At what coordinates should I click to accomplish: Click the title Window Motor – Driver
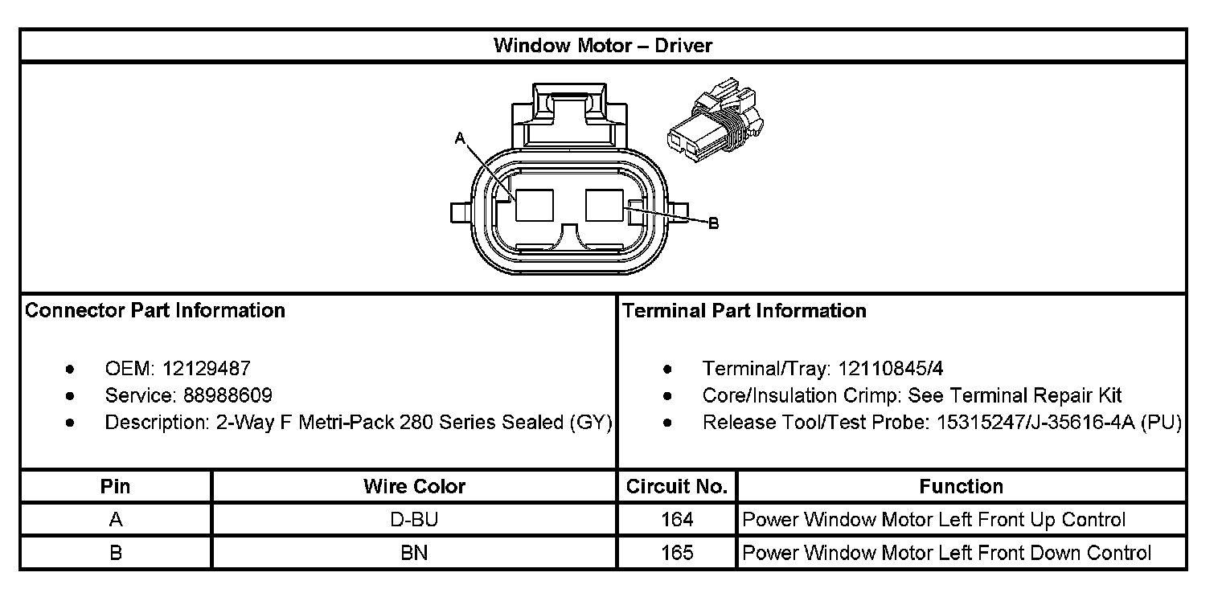click(x=602, y=45)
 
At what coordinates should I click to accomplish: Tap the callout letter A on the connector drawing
click(x=460, y=139)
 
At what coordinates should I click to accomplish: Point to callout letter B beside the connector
click(x=712, y=224)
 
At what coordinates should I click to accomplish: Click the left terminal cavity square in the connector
click(x=534, y=205)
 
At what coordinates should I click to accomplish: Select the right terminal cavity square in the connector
click(x=605, y=205)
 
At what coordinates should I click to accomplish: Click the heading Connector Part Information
click(x=155, y=311)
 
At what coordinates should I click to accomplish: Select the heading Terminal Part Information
click(x=744, y=311)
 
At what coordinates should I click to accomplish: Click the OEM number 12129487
click(x=206, y=369)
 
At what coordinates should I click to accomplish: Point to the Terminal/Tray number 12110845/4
click(x=890, y=369)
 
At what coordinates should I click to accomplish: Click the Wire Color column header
click(x=414, y=486)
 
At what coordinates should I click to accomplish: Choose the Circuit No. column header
click(x=676, y=486)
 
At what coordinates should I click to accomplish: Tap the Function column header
click(x=961, y=486)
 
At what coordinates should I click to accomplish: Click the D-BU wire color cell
click(x=414, y=520)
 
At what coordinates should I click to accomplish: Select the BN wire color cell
click(x=414, y=553)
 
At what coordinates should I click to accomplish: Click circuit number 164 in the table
click(x=677, y=520)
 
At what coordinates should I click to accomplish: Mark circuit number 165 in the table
click(x=677, y=553)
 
